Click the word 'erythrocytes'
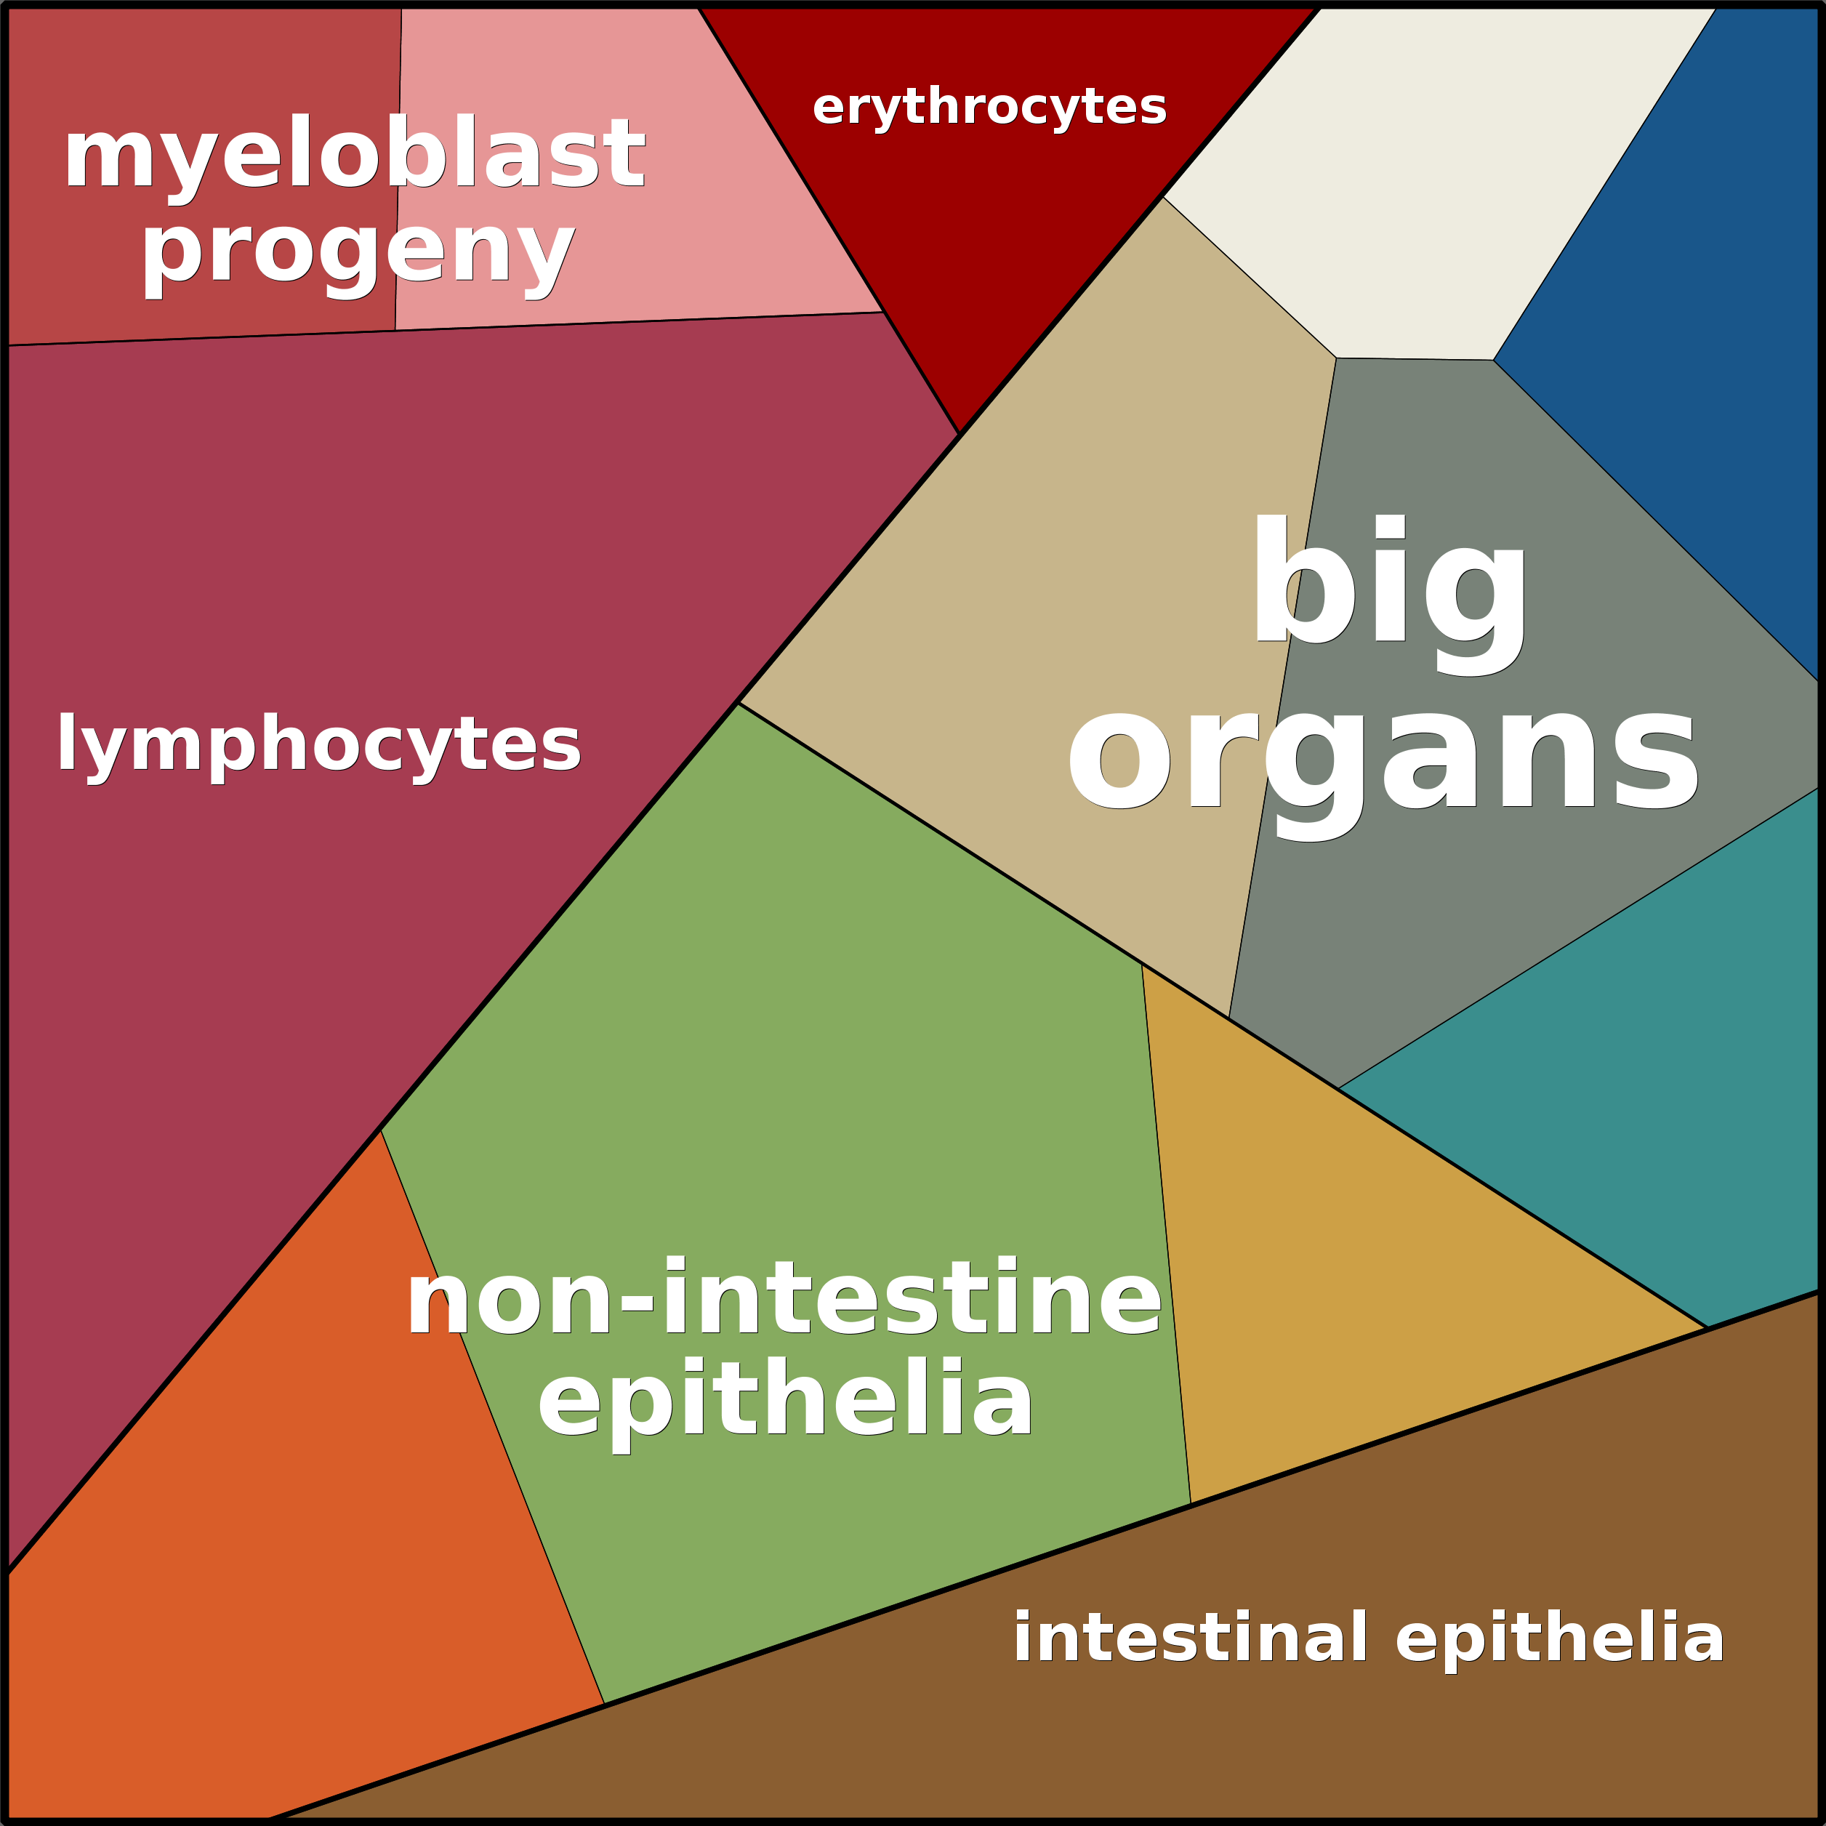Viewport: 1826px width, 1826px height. (x=989, y=107)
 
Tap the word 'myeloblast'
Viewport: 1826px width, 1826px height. (x=355, y=154)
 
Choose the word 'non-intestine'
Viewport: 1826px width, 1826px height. (x=784, y=1300)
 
